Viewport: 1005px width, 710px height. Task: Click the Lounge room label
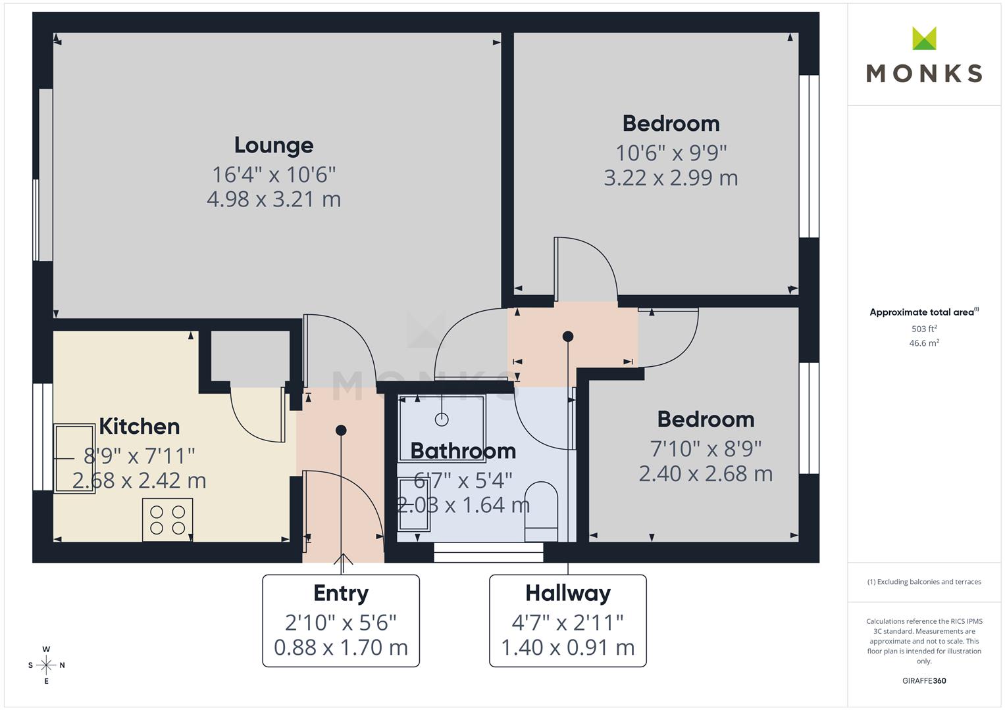click(x=274, y=146)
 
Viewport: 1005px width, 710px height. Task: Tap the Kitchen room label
click(x=139, y=426)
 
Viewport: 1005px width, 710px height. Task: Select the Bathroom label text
click(x=463, y=451)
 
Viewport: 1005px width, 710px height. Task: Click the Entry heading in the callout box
click(x=341, y=594)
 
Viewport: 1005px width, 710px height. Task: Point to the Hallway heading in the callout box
click(x=568, y=594)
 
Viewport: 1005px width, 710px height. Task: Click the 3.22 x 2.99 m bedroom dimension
click(x=671, y=178)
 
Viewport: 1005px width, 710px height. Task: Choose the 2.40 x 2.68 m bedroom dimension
click(x=706, y=474)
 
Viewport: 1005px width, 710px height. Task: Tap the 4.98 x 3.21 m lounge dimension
click(x=274, y=199)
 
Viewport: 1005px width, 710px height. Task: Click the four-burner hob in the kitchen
click(x=168, y=520)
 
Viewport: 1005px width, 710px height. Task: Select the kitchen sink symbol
click(x=74, y=459)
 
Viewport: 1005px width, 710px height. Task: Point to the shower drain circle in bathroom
click(x=442, y=419)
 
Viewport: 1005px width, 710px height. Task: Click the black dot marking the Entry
click(x=341, y=431)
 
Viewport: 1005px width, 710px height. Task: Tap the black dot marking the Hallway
click(x=568, y=336)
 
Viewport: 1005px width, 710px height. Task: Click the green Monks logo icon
click(x=924, y=38)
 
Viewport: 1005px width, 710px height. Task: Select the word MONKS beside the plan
click(x=924, y=74)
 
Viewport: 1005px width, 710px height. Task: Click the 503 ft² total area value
click(x=924, y=329)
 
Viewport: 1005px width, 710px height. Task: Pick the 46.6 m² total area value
click(x=924, y=343)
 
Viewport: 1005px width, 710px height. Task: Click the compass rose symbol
click(x=46, y=665)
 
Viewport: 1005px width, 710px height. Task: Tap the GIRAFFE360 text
click(x=924, y=681)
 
